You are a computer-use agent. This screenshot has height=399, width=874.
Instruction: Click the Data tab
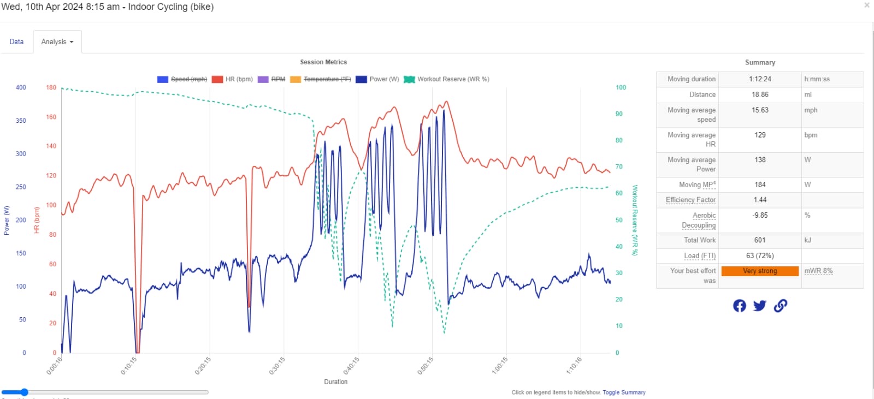16,41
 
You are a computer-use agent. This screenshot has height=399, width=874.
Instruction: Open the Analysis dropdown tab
57,41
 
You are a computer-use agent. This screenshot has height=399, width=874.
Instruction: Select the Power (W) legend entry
377,79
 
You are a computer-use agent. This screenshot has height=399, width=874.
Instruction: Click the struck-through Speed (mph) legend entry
182,79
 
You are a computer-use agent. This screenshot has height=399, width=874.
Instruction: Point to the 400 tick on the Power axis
21,87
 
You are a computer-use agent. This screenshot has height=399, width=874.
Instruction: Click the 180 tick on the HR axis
51,87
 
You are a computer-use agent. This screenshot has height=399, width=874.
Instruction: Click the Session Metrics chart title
323,62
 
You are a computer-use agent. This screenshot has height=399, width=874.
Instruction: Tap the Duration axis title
335,382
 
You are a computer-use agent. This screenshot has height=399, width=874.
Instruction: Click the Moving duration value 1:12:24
760,79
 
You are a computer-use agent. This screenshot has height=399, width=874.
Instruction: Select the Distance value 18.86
760,94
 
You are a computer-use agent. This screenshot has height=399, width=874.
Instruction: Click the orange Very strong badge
760,271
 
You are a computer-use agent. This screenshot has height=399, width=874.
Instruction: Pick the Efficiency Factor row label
690,200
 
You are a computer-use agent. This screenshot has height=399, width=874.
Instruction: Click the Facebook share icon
740,306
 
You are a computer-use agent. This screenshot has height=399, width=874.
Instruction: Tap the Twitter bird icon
759,306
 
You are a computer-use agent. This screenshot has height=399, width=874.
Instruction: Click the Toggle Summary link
624,392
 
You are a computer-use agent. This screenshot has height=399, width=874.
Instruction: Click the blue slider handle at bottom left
23,392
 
